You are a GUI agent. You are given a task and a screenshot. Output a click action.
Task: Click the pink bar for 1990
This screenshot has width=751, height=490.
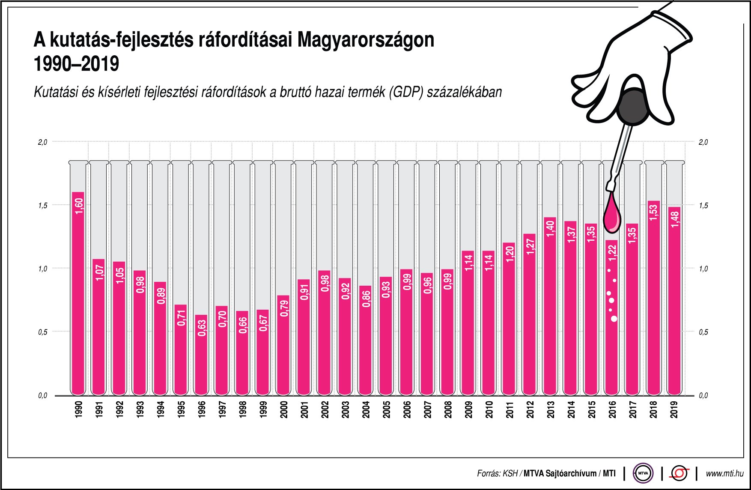[78, 296]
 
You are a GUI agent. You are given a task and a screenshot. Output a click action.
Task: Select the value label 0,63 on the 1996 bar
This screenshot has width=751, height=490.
[201, 328]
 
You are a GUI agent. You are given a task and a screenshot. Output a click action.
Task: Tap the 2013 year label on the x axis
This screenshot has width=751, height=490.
[550, 409]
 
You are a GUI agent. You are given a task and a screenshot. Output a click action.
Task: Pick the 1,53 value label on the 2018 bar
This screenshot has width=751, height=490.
[653, 213]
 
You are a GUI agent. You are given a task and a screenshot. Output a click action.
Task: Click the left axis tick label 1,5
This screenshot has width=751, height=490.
[42, 206]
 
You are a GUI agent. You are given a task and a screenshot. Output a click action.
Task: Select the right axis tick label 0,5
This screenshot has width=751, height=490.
[703, 332]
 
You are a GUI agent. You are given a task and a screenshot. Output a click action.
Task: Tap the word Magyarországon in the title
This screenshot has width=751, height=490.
[366, 40]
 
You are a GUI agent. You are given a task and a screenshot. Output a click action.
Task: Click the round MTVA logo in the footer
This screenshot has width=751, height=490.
[643, 473]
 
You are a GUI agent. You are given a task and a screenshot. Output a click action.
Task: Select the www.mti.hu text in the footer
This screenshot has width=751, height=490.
[724, 473]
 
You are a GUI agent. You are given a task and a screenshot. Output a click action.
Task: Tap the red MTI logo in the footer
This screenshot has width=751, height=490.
[679, 473]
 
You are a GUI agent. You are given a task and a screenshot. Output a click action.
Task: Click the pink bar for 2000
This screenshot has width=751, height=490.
[283, 347]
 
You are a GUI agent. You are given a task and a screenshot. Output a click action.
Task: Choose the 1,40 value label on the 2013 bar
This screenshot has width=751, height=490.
[551, 228]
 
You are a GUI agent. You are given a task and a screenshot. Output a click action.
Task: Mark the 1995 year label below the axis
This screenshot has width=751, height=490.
[181, 409]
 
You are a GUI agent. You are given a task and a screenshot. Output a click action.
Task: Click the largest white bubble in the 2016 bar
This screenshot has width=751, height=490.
[614, 319]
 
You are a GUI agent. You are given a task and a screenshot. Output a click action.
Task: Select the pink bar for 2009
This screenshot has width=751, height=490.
[468, 326]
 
